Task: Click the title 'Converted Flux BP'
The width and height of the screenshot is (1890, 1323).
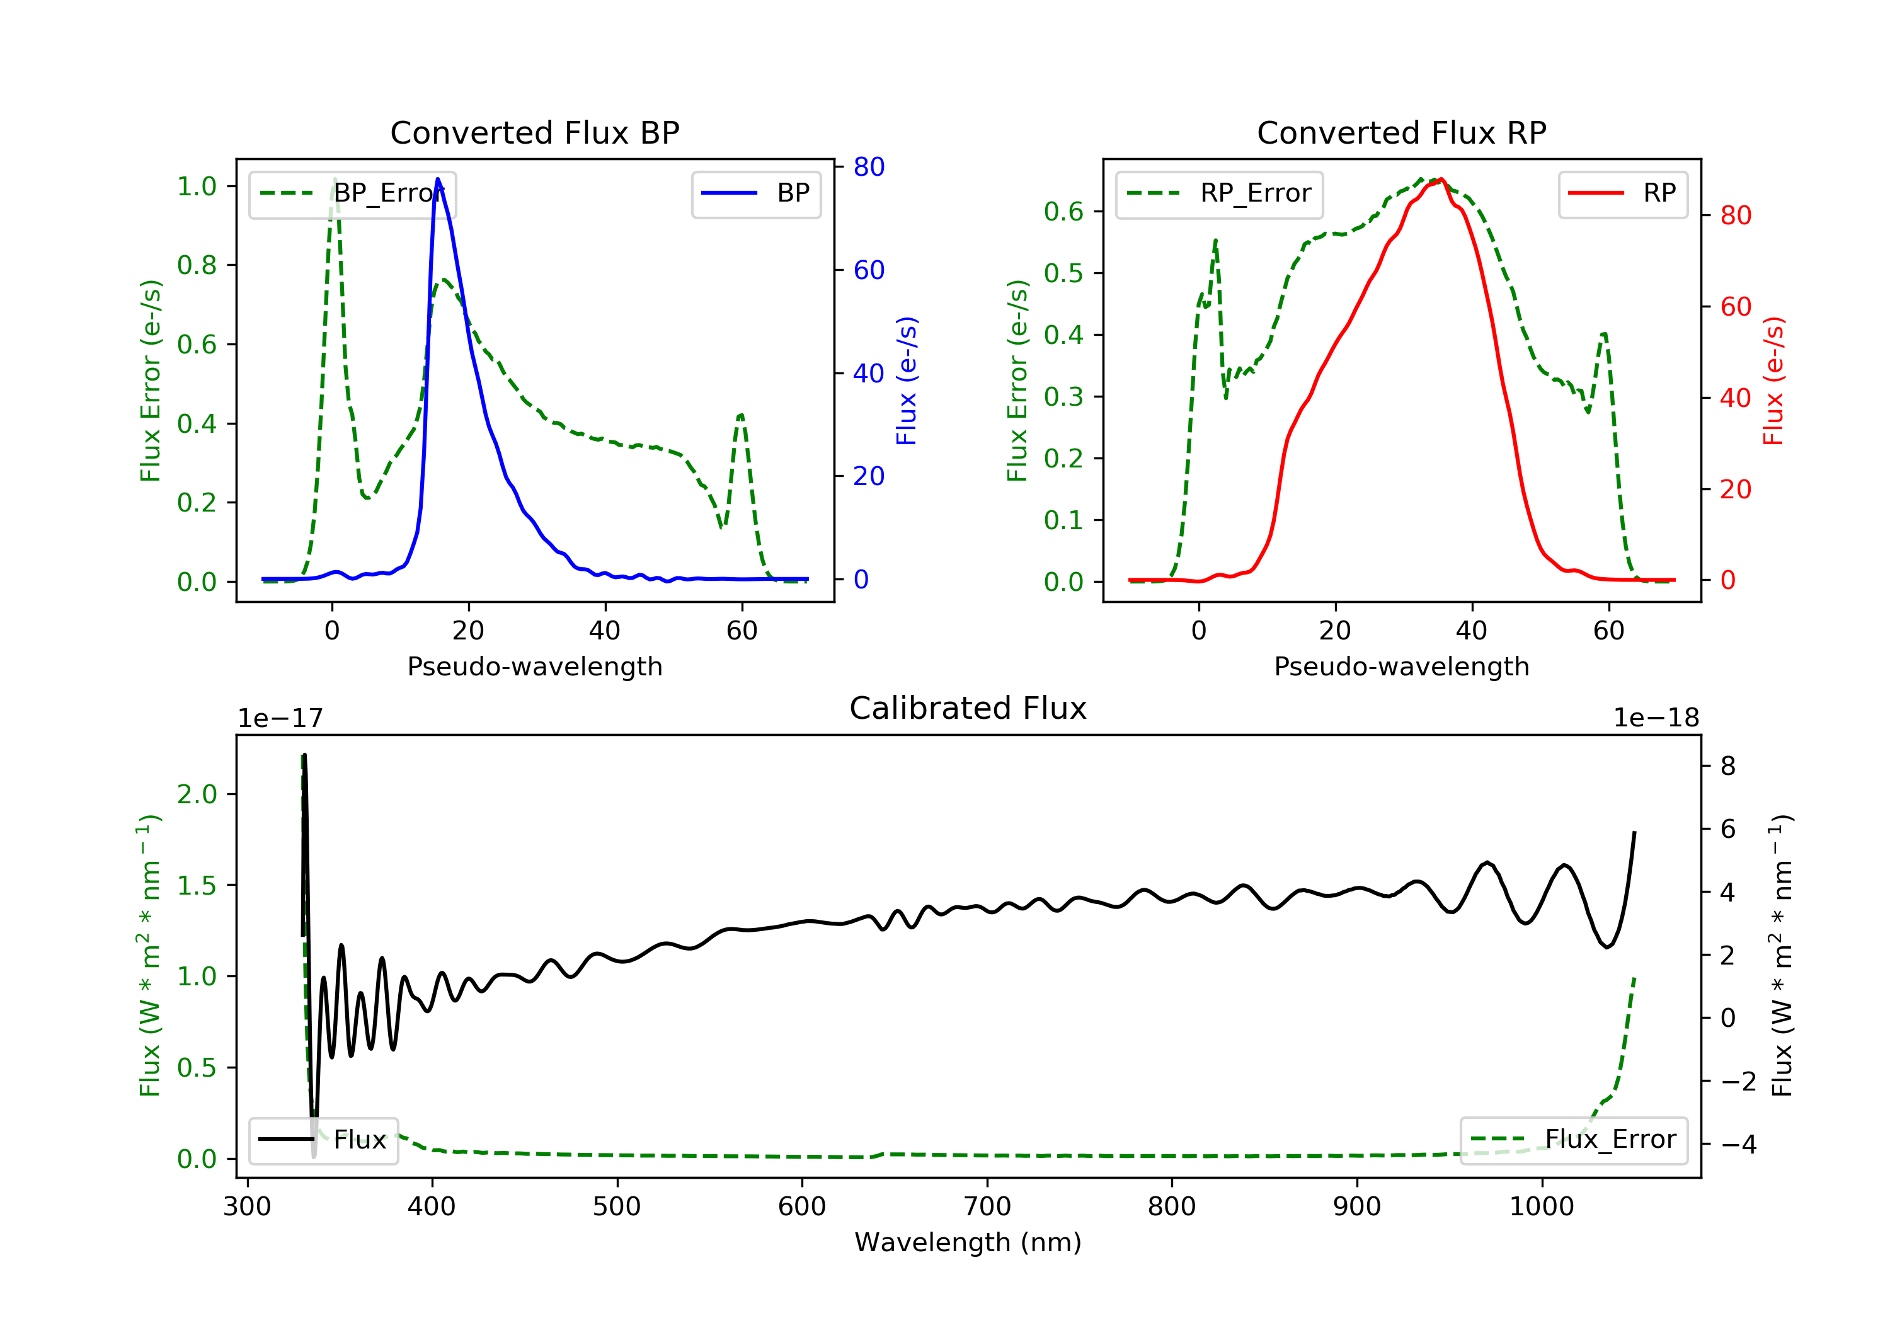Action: click(535, 132)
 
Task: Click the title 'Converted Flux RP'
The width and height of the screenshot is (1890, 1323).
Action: click(1402, 132)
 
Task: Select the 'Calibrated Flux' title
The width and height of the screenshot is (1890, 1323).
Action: click(968, 708)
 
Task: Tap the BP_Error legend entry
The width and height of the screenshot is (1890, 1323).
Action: click(352, 193)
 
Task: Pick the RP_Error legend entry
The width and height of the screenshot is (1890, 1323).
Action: click(1219, 193)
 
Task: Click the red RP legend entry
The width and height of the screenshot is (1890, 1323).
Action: click(1622, 193)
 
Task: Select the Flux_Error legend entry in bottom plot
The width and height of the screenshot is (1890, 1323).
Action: click(1574, 1140)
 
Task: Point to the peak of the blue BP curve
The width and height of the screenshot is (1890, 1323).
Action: click(437, 179)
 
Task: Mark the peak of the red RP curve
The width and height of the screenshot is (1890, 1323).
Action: click(1441, 180)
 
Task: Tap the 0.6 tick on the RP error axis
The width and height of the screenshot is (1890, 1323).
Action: click(1063, 212)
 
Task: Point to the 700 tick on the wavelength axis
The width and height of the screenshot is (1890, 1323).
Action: click(987, 1207)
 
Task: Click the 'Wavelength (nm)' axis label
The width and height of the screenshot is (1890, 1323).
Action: click(968, 1242)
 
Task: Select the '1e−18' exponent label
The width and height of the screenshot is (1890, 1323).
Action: click(1656, 718)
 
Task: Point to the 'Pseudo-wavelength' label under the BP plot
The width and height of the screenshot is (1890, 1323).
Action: click(535, 666)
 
